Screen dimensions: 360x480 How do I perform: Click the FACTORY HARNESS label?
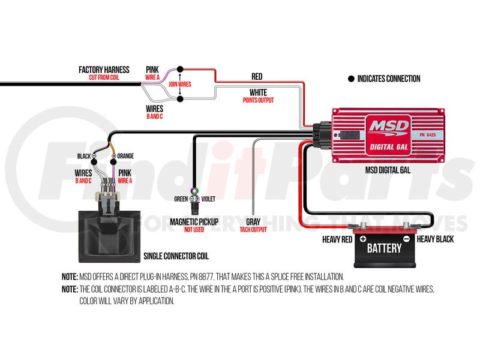104,70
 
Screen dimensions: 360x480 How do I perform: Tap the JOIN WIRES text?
179,85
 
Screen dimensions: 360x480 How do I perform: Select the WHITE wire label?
258,92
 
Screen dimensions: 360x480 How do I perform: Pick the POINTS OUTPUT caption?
258,100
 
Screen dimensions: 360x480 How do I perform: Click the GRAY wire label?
253,221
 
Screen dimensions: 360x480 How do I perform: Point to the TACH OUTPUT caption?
253,229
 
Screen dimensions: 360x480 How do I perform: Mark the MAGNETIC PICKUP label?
194,221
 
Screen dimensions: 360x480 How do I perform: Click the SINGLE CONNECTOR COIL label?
176,256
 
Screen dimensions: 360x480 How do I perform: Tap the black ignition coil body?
108,234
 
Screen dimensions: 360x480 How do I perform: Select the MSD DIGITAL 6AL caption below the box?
388,170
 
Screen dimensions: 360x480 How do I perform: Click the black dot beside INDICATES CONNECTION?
351,79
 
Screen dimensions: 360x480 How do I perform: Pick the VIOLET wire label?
208,199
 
